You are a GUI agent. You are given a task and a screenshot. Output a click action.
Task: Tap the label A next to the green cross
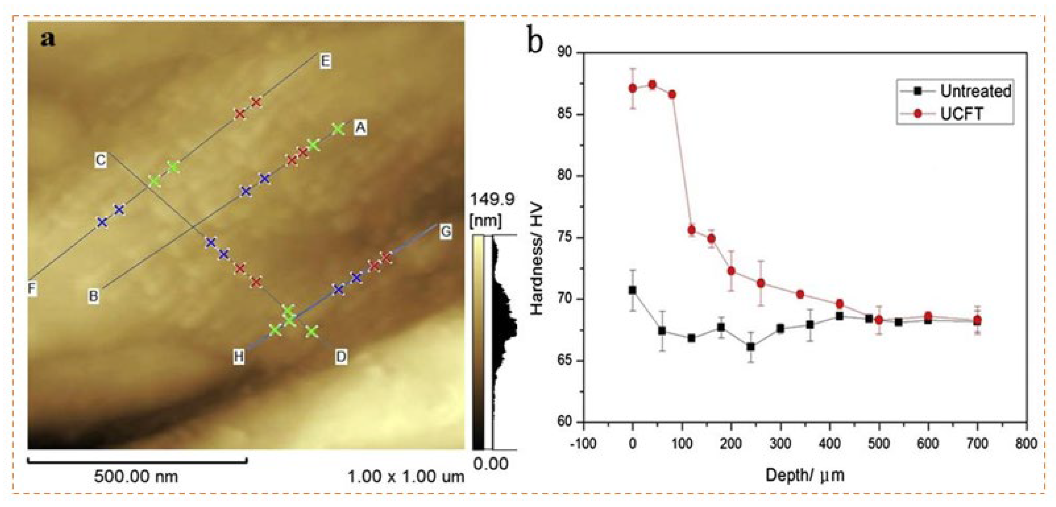pos(360,128)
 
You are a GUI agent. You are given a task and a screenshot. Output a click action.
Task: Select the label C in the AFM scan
pos(100,160)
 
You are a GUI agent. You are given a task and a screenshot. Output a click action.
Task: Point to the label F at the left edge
pos(32,289)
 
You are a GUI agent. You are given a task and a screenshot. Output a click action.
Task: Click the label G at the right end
pos(446,232)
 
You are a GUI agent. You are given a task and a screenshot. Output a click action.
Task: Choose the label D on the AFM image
pos(341,357)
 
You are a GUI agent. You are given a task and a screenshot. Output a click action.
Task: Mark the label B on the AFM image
pos(94,295)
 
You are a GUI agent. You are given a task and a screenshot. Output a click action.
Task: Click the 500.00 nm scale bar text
pos(136,477)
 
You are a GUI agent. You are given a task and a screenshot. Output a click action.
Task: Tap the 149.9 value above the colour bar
pos(492,200)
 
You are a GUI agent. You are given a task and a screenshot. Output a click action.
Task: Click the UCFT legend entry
pos(961,114)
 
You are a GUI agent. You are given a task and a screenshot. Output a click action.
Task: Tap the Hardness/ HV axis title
pos(537,259)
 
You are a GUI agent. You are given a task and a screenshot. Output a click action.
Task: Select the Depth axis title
pos(805,475)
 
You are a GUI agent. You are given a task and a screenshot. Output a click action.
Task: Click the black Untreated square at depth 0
pos(632,290)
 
